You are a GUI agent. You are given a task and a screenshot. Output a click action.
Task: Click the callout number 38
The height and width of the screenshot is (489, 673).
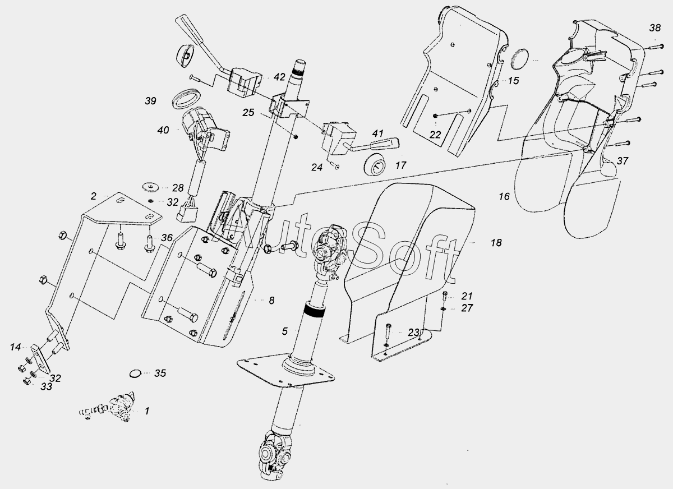655,27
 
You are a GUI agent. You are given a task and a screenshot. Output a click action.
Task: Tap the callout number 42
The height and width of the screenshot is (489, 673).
279,77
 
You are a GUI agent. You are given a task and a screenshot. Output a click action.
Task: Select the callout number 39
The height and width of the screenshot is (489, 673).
150,101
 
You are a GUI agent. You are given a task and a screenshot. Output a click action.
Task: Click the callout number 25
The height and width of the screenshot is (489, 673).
248,113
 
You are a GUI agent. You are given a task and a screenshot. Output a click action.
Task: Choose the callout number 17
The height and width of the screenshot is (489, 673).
400,166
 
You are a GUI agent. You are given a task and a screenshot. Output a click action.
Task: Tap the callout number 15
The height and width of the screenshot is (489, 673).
514,81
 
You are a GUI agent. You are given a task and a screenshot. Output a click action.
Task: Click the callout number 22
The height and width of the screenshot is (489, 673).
435,135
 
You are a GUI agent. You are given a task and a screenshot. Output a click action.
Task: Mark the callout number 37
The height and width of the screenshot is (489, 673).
623,161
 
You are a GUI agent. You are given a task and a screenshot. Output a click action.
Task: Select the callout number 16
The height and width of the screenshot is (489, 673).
504,196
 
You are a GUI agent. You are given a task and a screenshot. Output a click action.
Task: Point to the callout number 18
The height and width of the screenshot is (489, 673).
496,243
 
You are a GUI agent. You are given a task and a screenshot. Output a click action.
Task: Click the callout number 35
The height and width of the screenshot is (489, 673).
160,373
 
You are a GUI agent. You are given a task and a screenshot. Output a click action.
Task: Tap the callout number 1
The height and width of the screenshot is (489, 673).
147,411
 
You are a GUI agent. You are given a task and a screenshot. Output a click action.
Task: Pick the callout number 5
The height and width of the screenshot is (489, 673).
285,331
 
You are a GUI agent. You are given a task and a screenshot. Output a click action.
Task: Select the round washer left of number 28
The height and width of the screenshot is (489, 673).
150,186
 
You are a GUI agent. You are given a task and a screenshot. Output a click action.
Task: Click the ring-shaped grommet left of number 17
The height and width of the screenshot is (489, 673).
375,166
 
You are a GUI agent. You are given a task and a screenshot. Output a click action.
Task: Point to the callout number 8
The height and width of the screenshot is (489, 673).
271,301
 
